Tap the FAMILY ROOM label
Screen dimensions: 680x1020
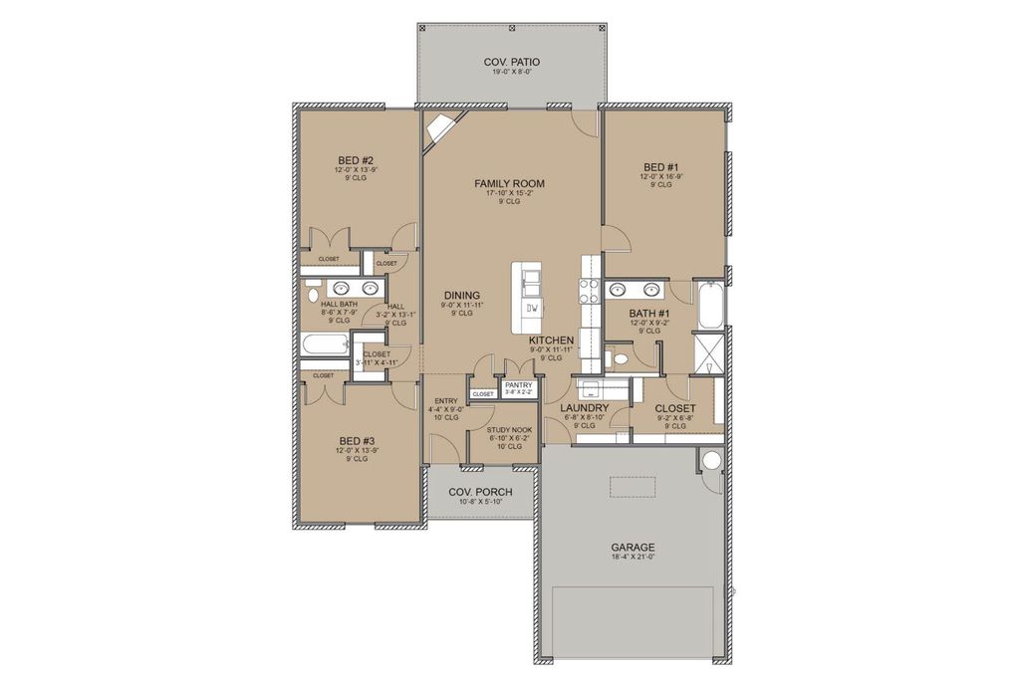click(509, 183)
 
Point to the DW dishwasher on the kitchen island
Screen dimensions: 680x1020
click(532, 308)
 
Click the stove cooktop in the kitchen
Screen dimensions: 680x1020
click(589, 292)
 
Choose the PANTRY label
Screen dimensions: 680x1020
click(518, 384)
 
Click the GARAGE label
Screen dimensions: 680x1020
click(633, 548)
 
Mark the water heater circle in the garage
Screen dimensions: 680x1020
click(710, 460)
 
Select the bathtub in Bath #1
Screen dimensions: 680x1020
click(711, 307)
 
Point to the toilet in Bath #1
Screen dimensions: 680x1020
click(619, 357)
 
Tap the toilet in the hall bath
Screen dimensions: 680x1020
click(312, 295)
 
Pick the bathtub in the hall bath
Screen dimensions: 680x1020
click(324, 346)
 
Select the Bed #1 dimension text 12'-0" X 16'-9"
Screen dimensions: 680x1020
click(660, 176)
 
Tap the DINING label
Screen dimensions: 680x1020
click(462, 295)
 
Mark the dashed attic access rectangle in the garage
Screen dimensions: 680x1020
click(633, 485)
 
